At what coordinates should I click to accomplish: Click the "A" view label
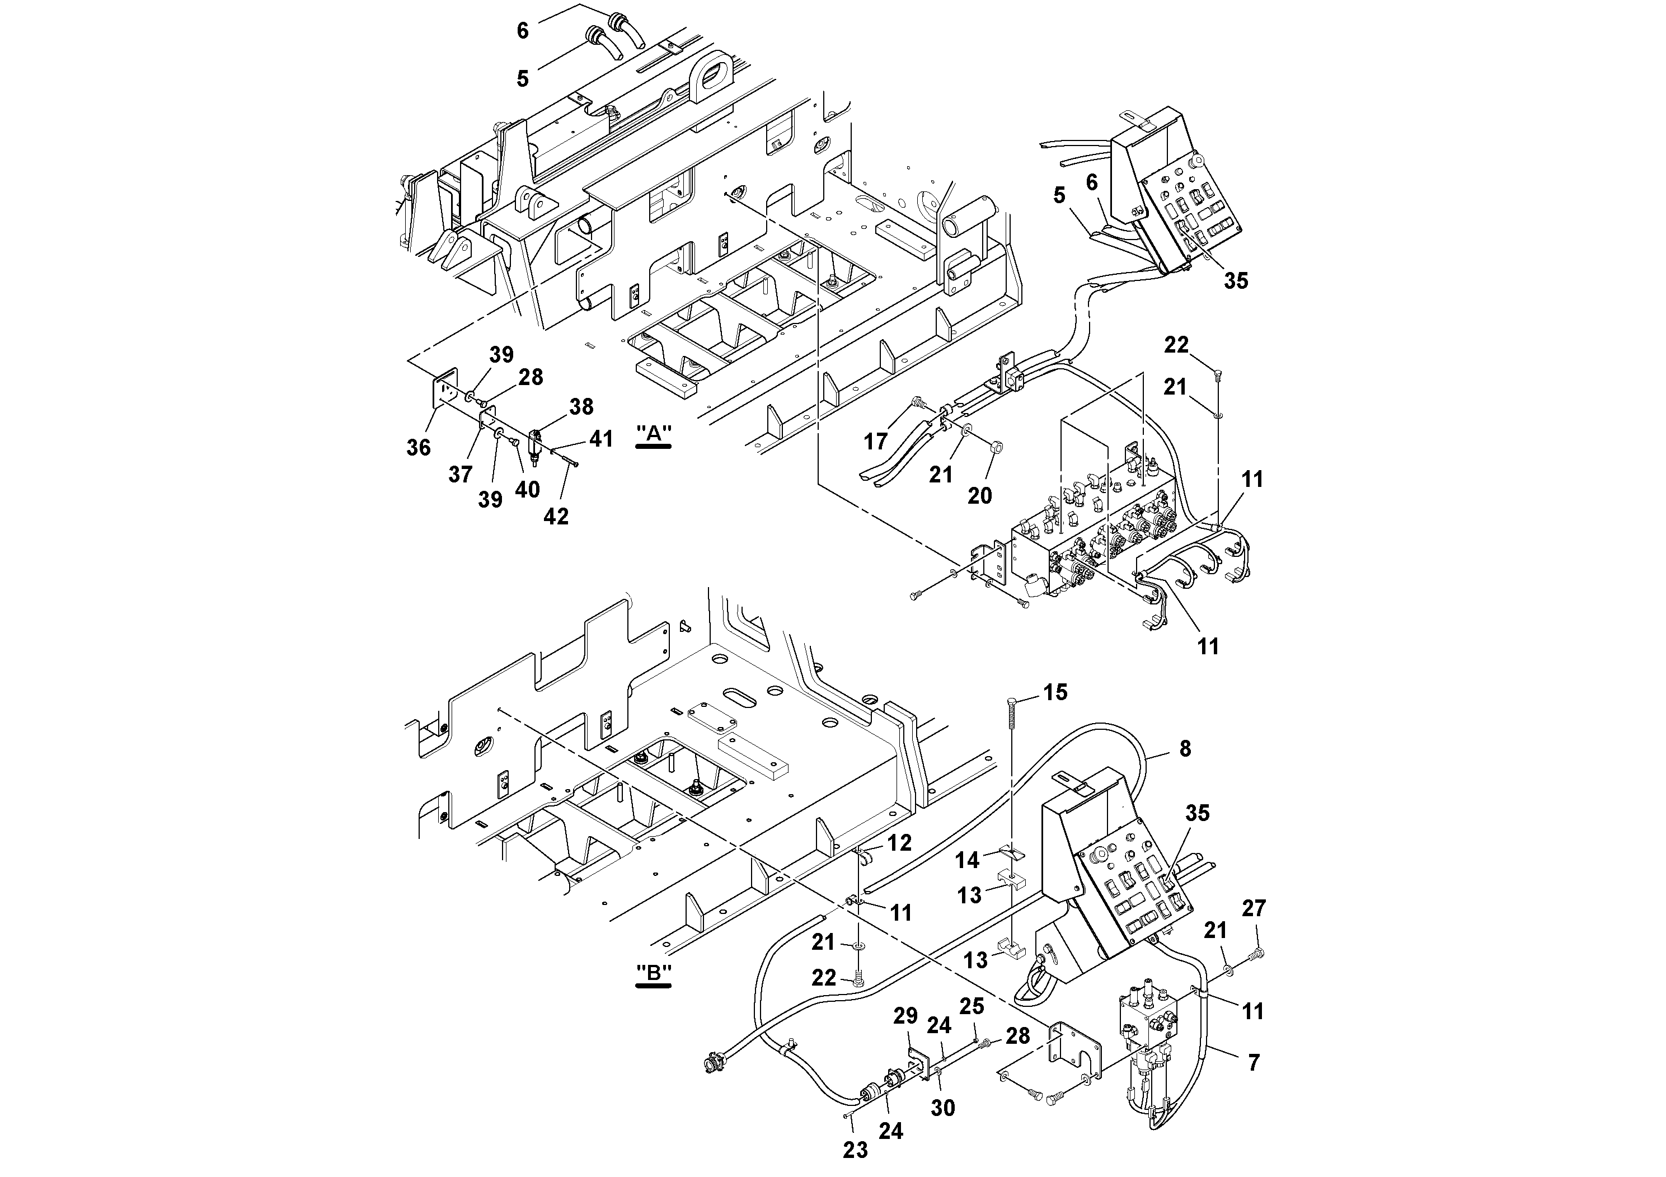653,433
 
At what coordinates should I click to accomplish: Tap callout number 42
556,516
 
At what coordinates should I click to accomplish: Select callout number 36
419,448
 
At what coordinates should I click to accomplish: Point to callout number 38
581,406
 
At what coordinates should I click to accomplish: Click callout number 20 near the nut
979,496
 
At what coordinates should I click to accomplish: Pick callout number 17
876,440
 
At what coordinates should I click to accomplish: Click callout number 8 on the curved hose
1185,748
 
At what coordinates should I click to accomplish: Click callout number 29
905,1016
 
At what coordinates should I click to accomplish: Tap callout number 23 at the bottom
856,1151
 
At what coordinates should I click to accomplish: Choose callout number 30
944,1108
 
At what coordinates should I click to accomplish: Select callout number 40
528,490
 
